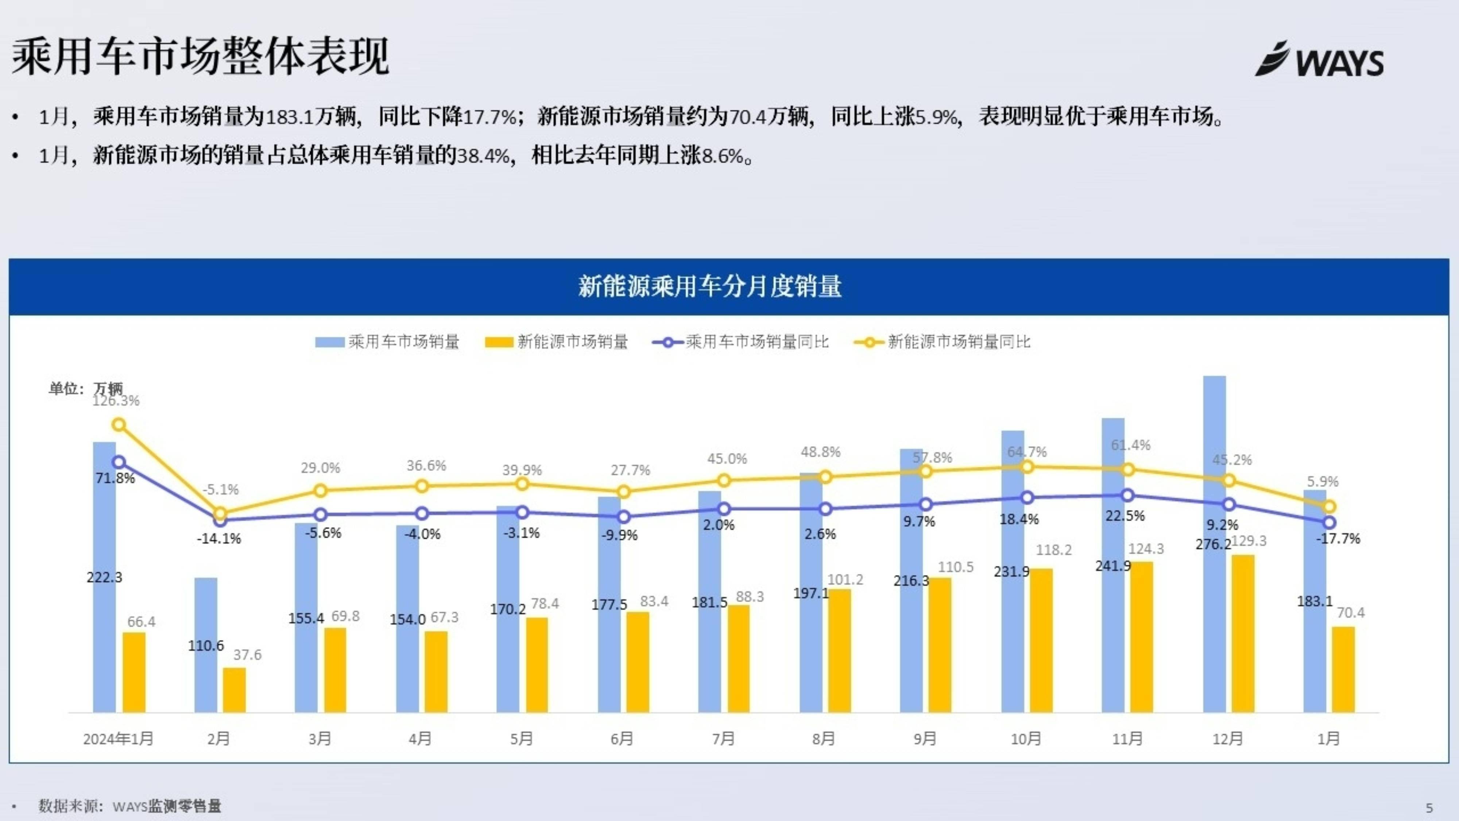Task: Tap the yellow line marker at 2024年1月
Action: click(x=119, y=424)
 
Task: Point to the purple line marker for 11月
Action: click(x=1128, y=495)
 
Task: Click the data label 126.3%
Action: click(x=116, y=401)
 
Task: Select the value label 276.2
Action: click(x=1213, y=544)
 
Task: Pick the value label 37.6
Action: click(x=248, y=655)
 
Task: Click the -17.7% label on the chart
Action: click(x=1338, y=539)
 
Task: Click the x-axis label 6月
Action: click(x=622, y=739)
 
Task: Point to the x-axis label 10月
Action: click(x=1026, y=739)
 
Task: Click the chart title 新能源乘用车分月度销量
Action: click(x=710, y=286)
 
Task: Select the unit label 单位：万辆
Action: click(x=85, y=388)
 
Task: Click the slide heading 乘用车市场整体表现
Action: click(x=201, y=57)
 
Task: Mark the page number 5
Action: click(x=1429, y=808)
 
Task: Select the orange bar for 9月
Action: click(x=940, y=646)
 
